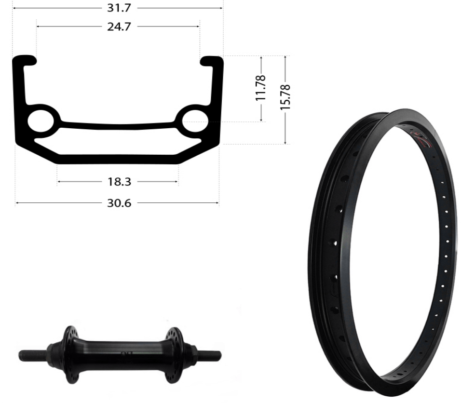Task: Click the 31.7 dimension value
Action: pyautogui.click(x=119, y=8)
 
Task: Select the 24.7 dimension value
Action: pyautogui.click(x=119, y=27)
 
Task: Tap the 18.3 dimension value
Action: pyautogui.click(x=119, y=182)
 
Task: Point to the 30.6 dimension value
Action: pyautogui.click(x=119, y=203)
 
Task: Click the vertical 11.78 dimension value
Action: pyautogui.click(x=261, y=88)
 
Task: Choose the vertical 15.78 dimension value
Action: pyautogui.click(x=285, y=97)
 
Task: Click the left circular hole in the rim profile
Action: pyautogui.click(x=41, y=121)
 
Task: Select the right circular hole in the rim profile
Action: pyautogui.click(x=195, y=121)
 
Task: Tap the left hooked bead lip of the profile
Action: pyautogui.click(x=25, y=60)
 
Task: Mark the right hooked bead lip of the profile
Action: pyautogui.click(x=212, y=61)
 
